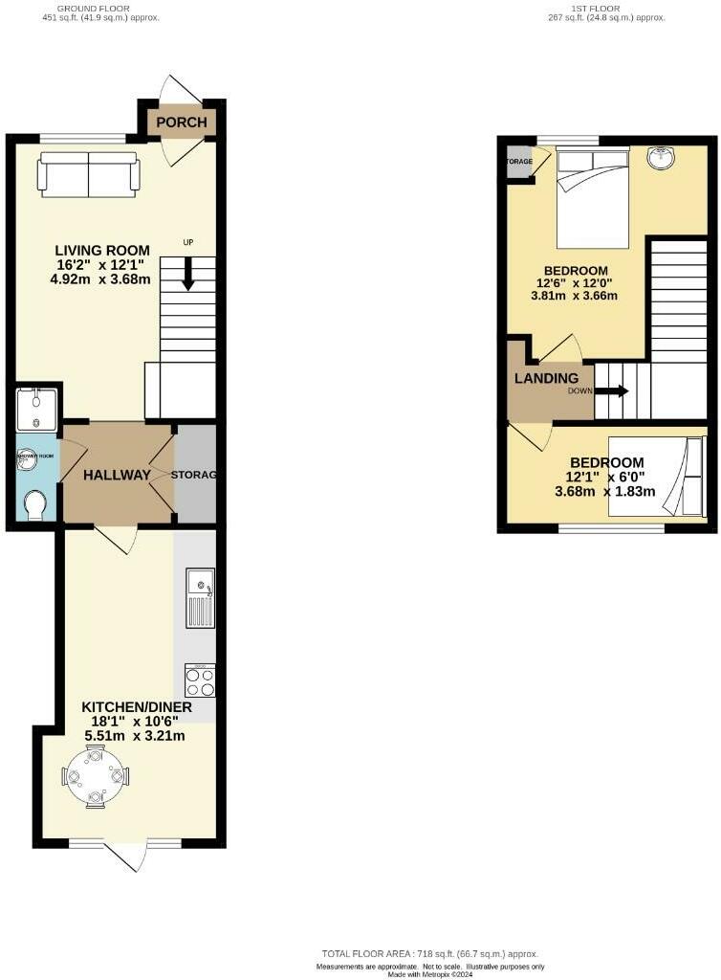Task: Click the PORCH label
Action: coord(182,122)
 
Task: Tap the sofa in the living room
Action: coord(89,174)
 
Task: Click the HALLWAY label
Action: coord(117,475)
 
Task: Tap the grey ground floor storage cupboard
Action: coord(195,475)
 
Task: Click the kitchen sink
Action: coord(200,597)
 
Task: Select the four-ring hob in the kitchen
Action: coord(200,679)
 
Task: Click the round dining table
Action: coord(95,776)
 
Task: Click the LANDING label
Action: coord(547,378)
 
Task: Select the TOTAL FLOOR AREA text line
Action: coord(429,954)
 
